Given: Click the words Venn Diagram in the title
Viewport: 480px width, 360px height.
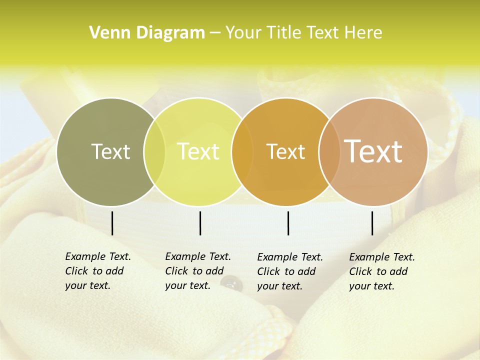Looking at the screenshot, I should (x=147, y=32).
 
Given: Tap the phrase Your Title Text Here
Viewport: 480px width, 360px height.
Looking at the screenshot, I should (x=303, y=32).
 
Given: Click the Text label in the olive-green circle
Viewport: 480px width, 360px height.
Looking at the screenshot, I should (x=110, y=151).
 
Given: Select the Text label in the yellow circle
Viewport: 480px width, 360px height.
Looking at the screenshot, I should (x=198, y=151).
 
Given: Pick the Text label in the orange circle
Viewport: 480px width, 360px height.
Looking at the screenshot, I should (x=285, y=151).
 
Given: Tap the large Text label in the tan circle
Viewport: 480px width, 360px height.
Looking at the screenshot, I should (x=373, y=151).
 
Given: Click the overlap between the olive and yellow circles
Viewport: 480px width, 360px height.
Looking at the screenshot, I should (x=154, y=152).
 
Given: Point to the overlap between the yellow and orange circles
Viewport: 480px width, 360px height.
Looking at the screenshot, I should (x=242, y=152).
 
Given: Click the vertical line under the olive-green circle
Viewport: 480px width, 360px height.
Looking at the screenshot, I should (x=112, y=223).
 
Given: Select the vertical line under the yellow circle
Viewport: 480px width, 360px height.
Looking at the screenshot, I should (x=200, y=223).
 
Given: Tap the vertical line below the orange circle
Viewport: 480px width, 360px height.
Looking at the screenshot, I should (x=288, y=223).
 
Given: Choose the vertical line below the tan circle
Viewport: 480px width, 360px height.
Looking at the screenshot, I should (x=372, y=223).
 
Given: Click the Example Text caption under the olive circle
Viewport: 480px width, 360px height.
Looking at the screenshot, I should (x=97, y=271).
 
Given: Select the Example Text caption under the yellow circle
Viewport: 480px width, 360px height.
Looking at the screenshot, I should (x=197, y=271).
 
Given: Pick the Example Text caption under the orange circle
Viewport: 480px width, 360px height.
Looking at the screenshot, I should (x=289, y=271).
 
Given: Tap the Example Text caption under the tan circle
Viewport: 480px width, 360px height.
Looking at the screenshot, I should (x=381, y=271).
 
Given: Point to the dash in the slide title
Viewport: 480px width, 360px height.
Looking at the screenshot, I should (x=215, y=33).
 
